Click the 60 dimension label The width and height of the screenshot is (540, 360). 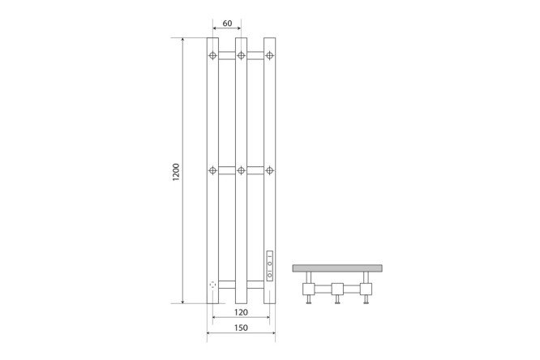click(x=227, y=24)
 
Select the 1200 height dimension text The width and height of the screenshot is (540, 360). click(x=176, y=172)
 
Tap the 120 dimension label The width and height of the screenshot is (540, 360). click(x=241, y=312)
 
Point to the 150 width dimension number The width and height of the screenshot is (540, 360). click(x=241, y=328)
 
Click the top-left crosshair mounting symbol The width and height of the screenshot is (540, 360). click(x=212, y=55)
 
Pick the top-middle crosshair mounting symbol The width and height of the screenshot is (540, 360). click(x=241, y=55)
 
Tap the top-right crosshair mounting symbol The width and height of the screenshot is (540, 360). click(x=270, y=55)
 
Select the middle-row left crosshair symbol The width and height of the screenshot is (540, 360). click(x=212, y=170)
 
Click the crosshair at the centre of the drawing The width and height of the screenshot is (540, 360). click(x=241, y=170)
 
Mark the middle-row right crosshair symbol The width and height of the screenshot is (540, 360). click(x=270, y=170)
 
